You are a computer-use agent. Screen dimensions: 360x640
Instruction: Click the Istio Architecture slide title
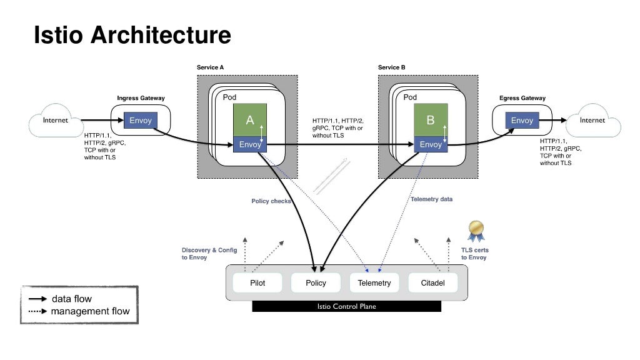point(132,35)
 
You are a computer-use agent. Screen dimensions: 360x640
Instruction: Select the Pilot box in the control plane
point(257,282)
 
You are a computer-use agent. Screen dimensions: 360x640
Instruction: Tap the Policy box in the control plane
point(316,282)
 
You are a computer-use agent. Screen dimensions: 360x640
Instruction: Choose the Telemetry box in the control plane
point(374,282)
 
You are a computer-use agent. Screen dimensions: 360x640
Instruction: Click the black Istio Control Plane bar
point(346,307)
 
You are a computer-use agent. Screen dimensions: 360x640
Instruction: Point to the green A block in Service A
point(250,121)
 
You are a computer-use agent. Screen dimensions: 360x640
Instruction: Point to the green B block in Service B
point(430,121)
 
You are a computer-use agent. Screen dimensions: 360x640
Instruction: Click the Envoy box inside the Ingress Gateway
point(141,121)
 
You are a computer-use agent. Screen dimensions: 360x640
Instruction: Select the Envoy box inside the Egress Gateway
point(522,121)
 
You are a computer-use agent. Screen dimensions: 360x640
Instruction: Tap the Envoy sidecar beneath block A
point(250,144)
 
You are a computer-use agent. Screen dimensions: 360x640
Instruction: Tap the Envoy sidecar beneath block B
point(430,144)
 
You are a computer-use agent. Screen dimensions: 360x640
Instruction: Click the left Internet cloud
point(56,121)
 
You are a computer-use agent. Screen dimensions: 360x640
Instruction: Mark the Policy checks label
point(271,201)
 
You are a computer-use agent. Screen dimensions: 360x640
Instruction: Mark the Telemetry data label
point(431,199)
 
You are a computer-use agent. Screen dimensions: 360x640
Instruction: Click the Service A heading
point(210,67)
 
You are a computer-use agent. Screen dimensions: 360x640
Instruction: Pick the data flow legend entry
point(71,299)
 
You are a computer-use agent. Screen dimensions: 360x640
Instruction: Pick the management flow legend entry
point(89,311)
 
